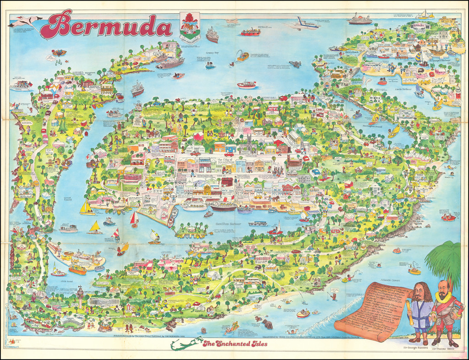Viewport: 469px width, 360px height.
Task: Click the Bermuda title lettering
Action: [x=110, y=25]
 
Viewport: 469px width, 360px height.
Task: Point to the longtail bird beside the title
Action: [x=25, y=21]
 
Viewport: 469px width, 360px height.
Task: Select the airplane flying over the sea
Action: [x=304, y=23]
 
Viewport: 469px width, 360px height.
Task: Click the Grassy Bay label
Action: [x=212, y=46]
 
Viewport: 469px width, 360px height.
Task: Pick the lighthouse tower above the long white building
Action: [x=81, y=292]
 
